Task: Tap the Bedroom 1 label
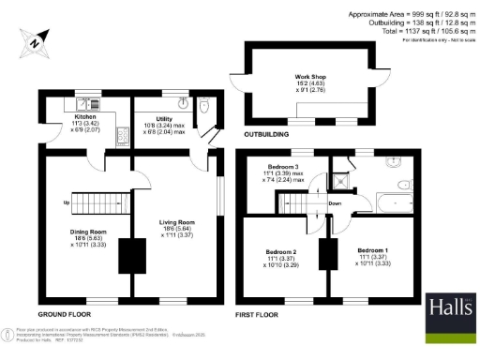coord(373,250)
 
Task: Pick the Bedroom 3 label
coord(281,167)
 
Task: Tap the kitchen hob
coord(122,139)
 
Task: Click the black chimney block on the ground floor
coord(127,255)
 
